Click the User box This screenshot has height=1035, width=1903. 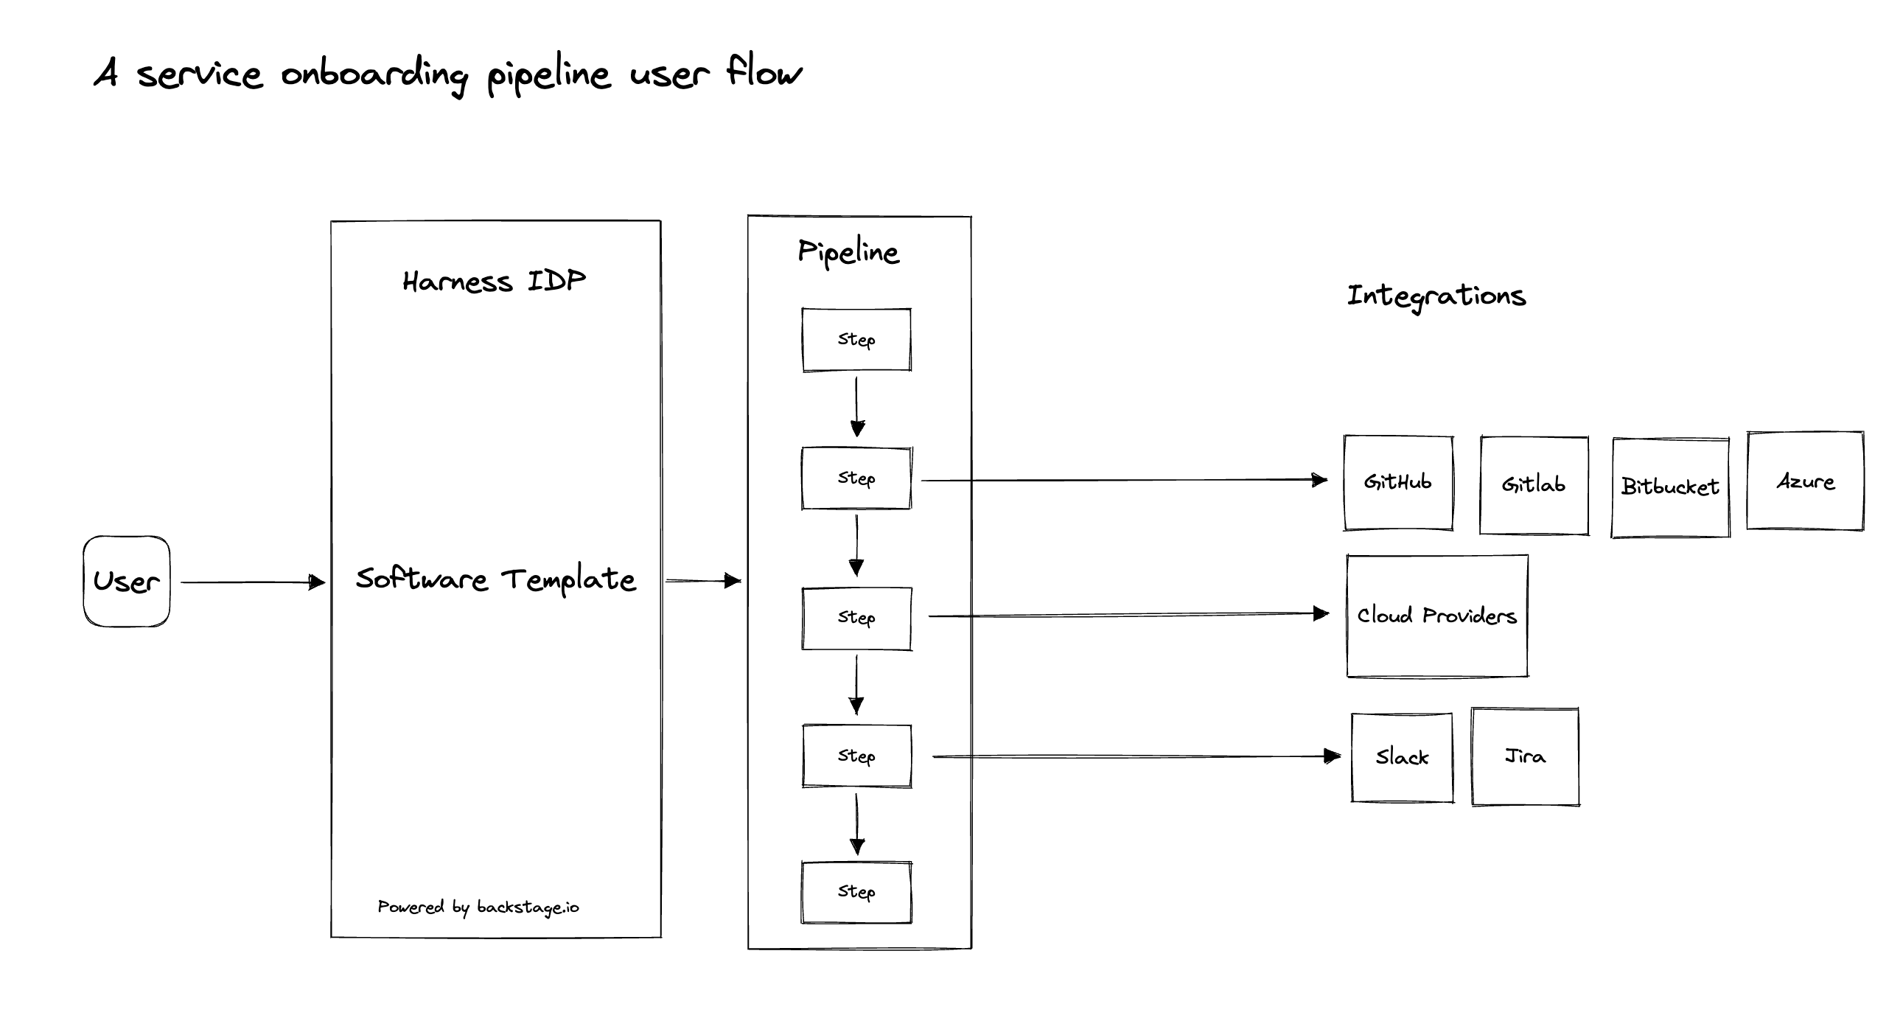pyautogui.click(x=126, y=582)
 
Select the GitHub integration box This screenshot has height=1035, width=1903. pyautogui.click(x=1397, y=482)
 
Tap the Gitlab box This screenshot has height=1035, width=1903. pyautogui.click(x=1534, y=484)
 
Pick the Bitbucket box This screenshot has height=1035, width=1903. pyautogui.click(x=1669, y=487)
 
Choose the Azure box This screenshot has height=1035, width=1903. pyautogui.click(x=1805, y=481)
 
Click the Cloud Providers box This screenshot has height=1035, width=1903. pyautogui.click(x=1437, y=616)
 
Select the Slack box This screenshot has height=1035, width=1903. pyautogui.click(x=1401, y=757)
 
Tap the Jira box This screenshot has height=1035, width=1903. pyautogui.click(x=1525, y=756)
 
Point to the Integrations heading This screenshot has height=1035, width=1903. pyautogui.click(x=1436, y=296)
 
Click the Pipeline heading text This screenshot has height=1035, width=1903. pyautogui.click(x=848, y=253)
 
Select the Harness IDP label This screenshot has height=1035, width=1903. pyautogui.click(x=494, y=282)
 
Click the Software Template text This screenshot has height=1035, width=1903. pyautogui.click(x=495, y=579)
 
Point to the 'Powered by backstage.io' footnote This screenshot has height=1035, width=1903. pyautogui.click(x=478, y=907)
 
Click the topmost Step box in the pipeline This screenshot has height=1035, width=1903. pyautogui.click(x=856, y=340)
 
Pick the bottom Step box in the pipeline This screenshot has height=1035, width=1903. pyautogui.click(x=856, y=893)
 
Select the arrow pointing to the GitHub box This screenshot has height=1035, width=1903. pyautogui.click(x=1123, y=480)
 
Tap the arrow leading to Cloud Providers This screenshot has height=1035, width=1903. pyautogui.click(x=1128, y=615)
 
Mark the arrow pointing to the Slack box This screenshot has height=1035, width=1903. pyautogui.click(x=1135, y=756)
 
